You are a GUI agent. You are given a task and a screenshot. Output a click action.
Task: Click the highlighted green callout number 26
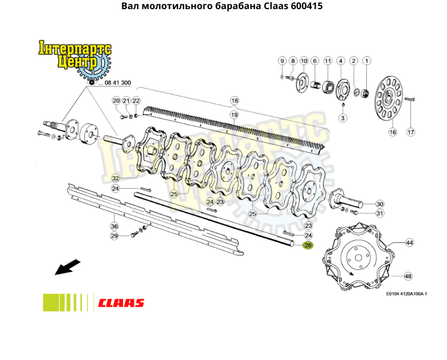308,246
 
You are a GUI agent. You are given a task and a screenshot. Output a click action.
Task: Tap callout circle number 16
392,132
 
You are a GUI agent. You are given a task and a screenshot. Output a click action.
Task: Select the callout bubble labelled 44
409,243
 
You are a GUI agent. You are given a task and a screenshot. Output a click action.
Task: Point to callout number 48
408,276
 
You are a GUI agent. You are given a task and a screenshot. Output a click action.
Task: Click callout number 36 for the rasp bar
114,226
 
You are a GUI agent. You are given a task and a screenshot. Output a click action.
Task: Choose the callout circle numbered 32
116,178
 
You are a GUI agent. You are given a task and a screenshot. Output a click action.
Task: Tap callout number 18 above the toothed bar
234,100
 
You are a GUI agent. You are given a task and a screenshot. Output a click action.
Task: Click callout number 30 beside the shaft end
380,204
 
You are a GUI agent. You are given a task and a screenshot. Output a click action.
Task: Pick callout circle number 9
281,61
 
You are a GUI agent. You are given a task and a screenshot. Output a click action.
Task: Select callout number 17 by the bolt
410,132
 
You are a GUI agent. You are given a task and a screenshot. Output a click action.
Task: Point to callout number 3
343,118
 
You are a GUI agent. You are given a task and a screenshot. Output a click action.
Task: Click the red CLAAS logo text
121,303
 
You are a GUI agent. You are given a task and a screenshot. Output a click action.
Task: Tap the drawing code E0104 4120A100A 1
406,294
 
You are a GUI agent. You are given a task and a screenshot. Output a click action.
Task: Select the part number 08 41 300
118,83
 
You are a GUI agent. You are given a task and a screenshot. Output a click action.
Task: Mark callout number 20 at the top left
116,101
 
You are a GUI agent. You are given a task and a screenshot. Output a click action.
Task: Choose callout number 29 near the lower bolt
114,236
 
